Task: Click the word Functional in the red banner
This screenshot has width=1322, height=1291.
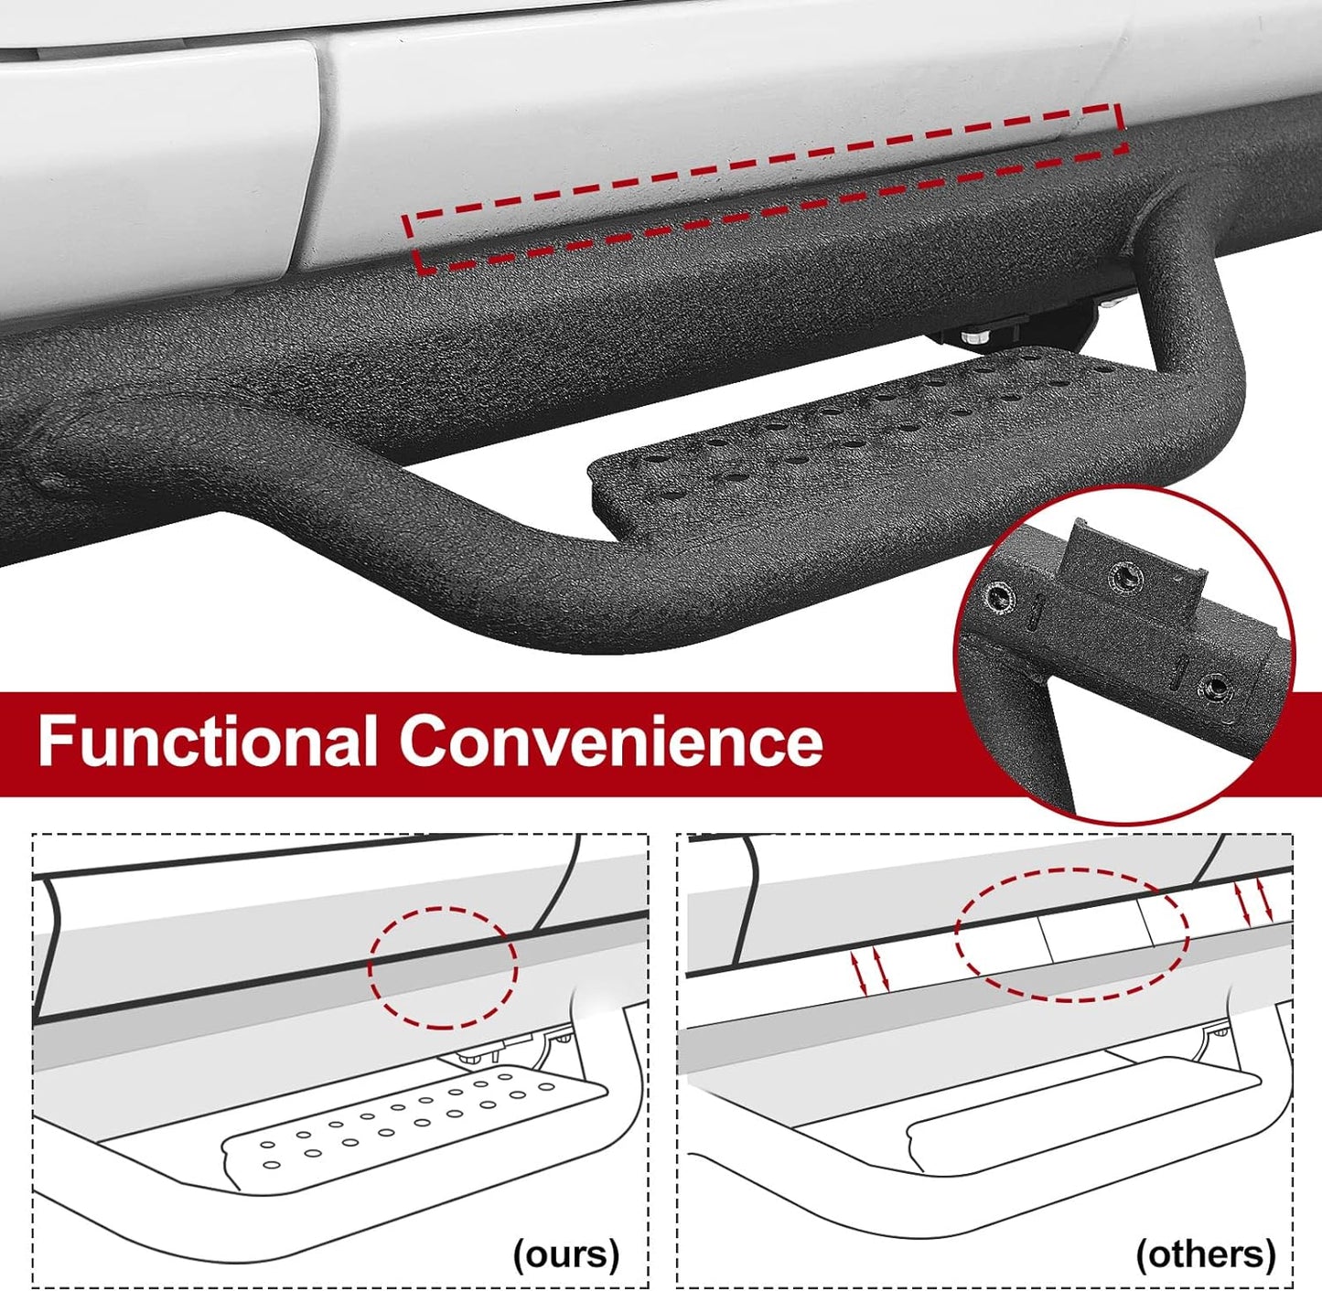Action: (207, 740)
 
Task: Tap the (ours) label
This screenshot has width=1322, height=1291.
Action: (566, 1254)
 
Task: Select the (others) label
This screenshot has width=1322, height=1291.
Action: (1205, 1254)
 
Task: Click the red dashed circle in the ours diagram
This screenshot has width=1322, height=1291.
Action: (443, 966)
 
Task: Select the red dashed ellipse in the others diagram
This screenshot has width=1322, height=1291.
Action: (1072, 934)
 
